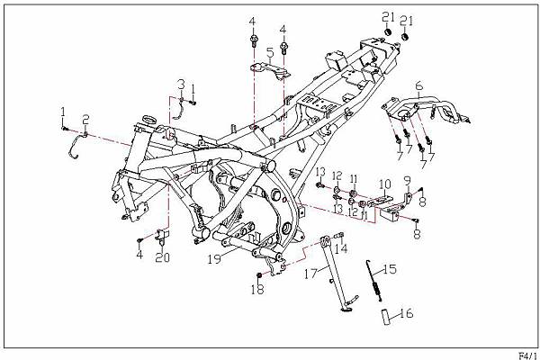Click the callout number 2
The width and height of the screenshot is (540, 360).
tap(85, 119)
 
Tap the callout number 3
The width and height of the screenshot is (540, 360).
tap(180, 84)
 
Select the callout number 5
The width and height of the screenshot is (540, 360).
tap(269, 51)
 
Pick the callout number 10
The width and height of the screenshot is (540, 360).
tap(384, 184)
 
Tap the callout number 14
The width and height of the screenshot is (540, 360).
tap(341, 249)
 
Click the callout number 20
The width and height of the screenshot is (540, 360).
tap(162, 258)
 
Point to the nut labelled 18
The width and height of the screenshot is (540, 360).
tap(259, 274)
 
